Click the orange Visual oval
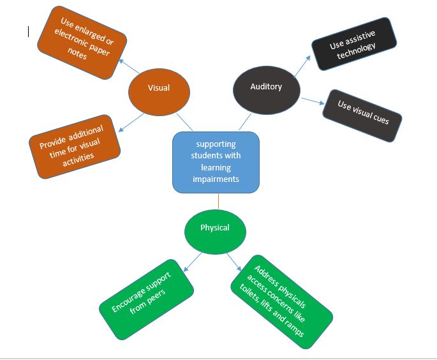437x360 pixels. click(158, 89)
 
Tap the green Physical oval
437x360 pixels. click(215, 228)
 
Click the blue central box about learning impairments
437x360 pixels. click(216, 162)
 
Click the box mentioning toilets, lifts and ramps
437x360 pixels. click(281, 300)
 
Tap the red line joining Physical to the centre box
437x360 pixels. click(218, 202)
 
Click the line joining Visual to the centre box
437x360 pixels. click(183, 122)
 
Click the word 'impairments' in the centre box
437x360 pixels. click(216, 179)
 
